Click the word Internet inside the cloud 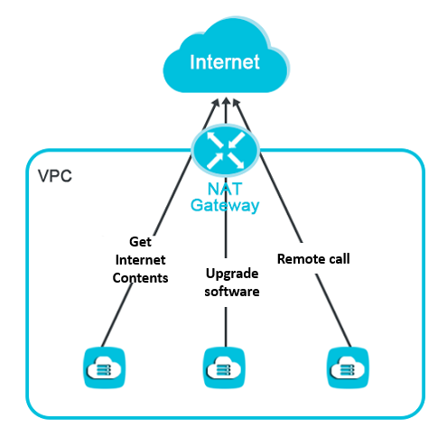click(x=225, y=62)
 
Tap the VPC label click(x=55, y=176)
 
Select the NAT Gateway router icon click(x=226, y=150)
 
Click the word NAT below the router click(x=225, y=189)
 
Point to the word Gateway click(x=225, y=206)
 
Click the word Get click(x=140, y=242)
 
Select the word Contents click(x=140, y=278)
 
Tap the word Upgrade click(x=232, y=274)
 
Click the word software click(x=232, y=292)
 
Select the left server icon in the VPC click(x=104, y=367)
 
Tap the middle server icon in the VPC click(x=224, y=367)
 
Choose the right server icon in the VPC click(x=348, y=367)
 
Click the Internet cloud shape click(x=226, y=56)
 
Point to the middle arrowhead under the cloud click(x=226, y=102)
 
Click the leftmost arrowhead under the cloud click(x=216, y=103)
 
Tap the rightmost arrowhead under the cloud click(x=237, y=103)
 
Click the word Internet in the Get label click(x=140, y=260)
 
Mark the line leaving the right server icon click(x=333, y=310)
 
